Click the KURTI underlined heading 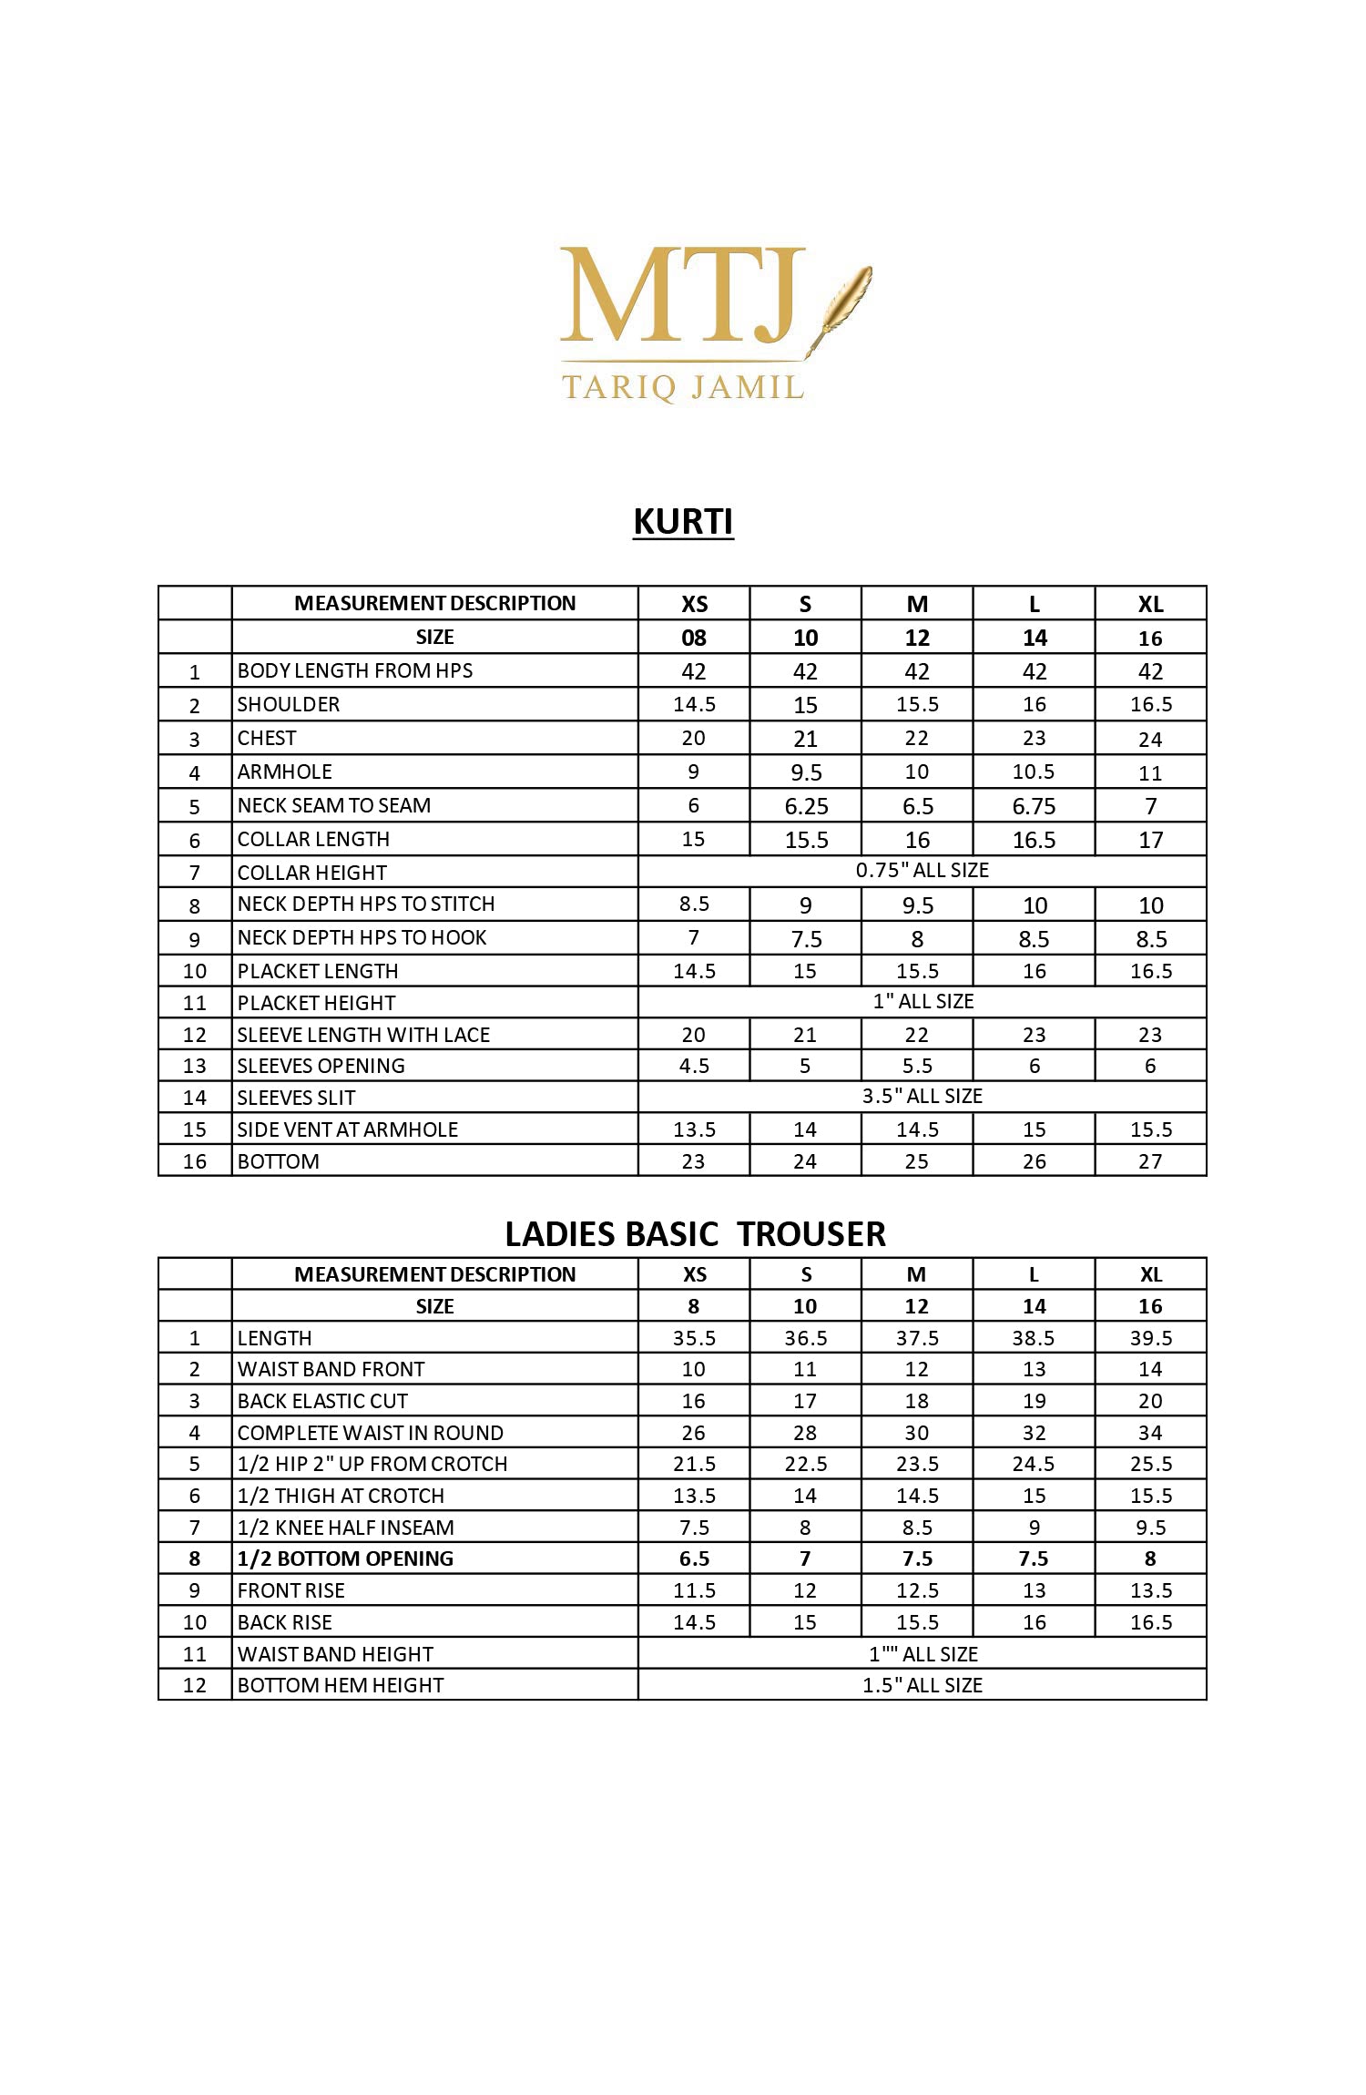[x=683, y=522]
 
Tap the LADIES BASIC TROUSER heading [x=695, y=1234]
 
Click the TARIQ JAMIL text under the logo [x=683, y=387]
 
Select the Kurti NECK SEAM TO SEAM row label [x=334, y=805]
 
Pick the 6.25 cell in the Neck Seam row [x=806, y=806]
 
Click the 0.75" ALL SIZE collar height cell [x=922, y=871]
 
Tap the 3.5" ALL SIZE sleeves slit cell [x=922, y=1096]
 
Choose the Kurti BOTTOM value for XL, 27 [x=1150, y=1161]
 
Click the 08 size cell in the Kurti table [x=694, y=638]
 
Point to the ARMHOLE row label [x=285, y=772]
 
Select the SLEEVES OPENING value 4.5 [x=694, y=1066]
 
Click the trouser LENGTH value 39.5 [x=1150, y=1338]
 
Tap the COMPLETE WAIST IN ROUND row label [x=370, y=1433]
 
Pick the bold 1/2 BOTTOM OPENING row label [x=345, y=1558]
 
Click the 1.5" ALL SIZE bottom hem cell [x=922, y=1685]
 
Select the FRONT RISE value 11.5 [x=694, y=1590]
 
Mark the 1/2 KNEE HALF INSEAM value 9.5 [x=1150, y=1528]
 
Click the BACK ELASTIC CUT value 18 [x=916, y=1401]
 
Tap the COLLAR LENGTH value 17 [x=1150, y=840]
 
